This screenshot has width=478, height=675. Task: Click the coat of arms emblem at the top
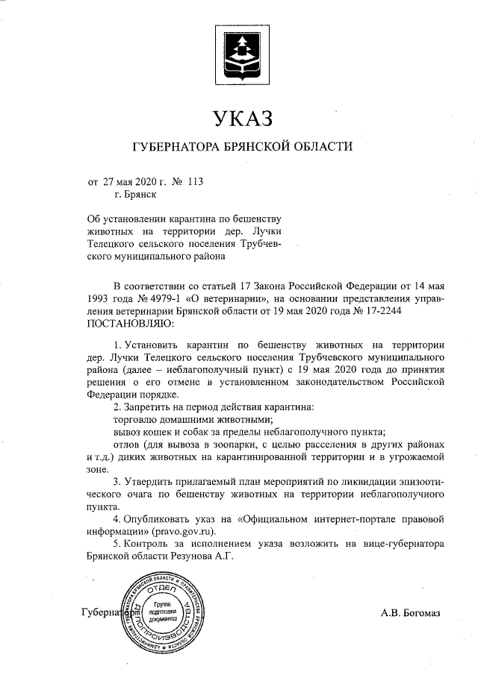(239, 54)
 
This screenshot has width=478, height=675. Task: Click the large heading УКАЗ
(239, 118)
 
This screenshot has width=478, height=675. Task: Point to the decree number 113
(196, 181)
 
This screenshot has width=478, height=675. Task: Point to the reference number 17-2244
(386, 311)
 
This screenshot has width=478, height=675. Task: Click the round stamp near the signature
(162, 612)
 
